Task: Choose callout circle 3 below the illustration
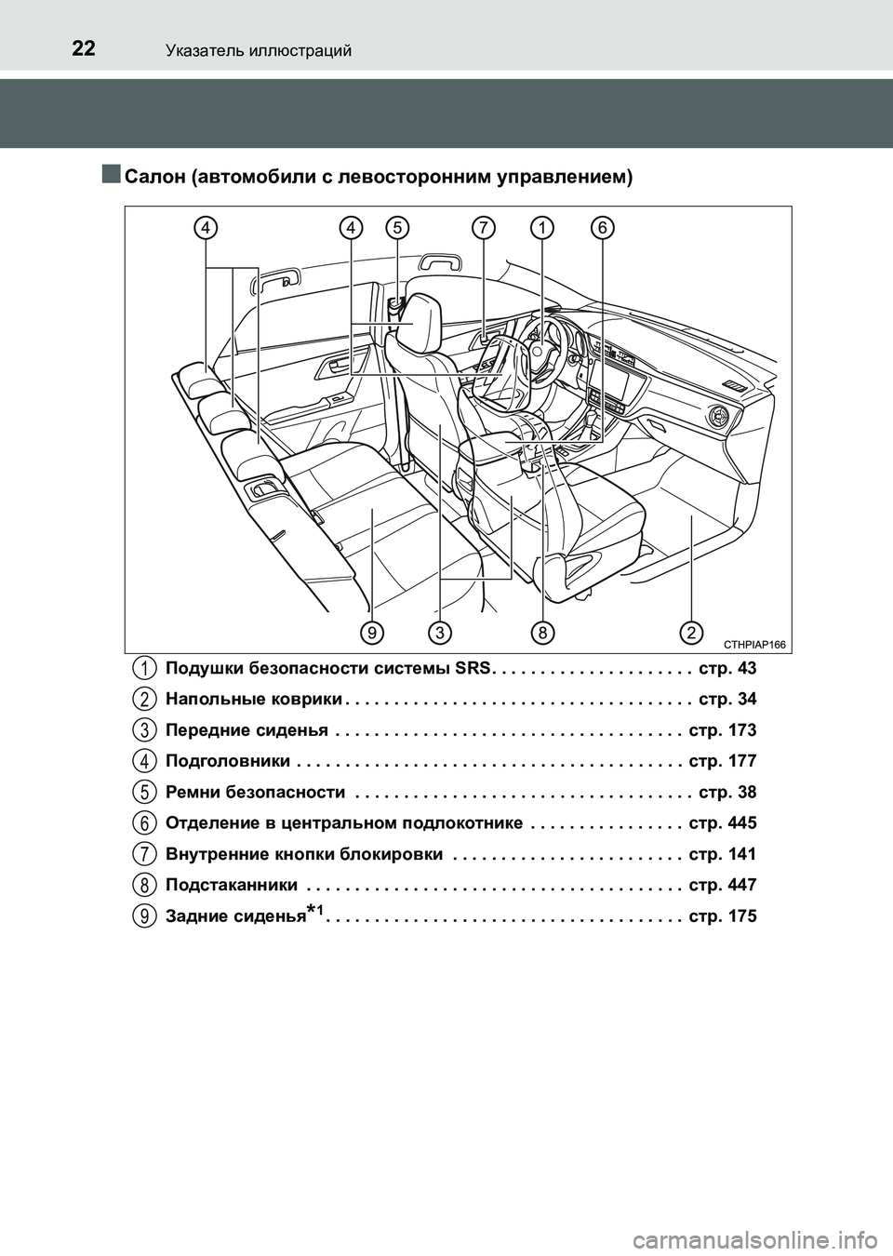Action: coord(439,633)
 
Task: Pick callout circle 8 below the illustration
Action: coord(542,633)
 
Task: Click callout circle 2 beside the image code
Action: coord(691,633)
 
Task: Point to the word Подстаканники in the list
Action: coord(232,885)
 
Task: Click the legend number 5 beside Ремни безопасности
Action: coord(143,792)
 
